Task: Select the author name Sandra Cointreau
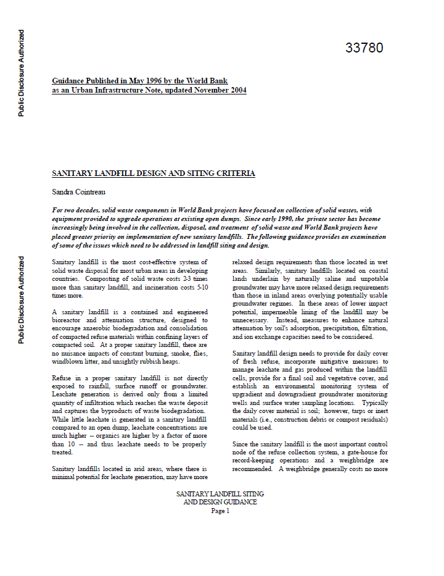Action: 80,192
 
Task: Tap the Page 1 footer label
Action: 220,511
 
